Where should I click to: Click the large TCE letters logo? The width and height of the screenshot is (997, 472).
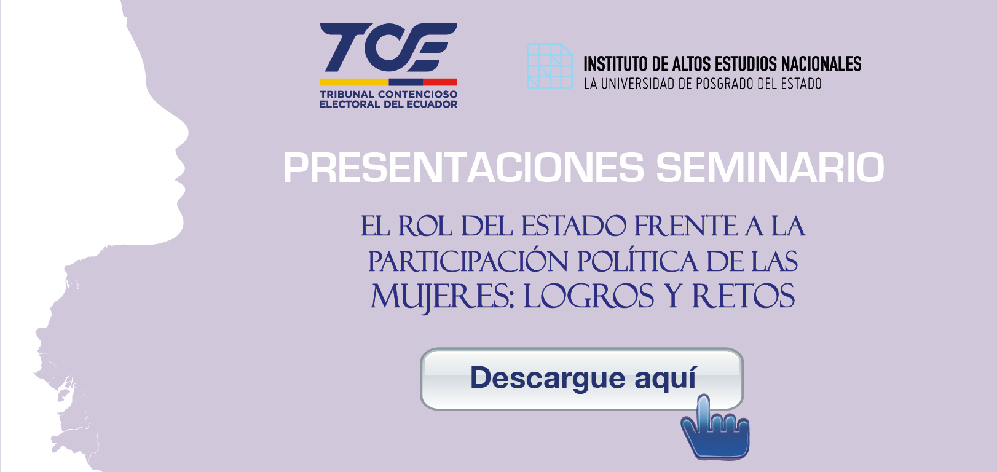point(388,47)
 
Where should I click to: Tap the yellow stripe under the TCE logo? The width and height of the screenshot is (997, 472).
point(354,82)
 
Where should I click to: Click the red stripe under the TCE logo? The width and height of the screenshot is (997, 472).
point(440,82)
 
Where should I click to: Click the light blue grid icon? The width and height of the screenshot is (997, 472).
point(550,66)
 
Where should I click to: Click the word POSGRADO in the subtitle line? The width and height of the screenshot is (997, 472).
point(718,84)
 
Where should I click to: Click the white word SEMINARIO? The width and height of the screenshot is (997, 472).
point(770,168)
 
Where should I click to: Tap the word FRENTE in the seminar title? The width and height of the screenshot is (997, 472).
point(686,226)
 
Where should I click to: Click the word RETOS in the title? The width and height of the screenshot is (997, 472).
point(744,296)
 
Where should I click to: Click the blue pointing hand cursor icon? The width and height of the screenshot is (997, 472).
point(715,427)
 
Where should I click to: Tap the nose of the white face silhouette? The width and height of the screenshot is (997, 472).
point(180,133)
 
